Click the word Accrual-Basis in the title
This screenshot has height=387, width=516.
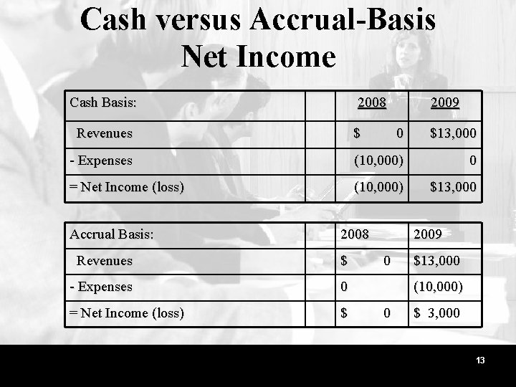tap(343, 19)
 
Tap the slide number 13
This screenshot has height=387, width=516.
tap(480, 360)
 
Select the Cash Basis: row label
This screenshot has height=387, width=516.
tap(103, 102)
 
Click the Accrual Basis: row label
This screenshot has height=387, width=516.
tap(111, 234)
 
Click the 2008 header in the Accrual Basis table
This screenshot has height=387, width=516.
tap(355, 234)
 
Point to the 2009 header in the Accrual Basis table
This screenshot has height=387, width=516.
tap(428, 234)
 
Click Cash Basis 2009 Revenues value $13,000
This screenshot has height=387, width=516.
tap(453, 133)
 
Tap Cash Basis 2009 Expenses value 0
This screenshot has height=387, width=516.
tap(473, 161)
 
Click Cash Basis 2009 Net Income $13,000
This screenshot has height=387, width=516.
tap(453, 187)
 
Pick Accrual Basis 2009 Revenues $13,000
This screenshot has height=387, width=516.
tap(436, 261)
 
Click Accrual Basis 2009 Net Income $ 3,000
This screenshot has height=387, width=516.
tap(436, 313)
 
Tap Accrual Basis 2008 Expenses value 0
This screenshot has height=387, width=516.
tap(344, 287)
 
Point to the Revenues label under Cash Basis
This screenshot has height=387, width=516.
tap(105, 133)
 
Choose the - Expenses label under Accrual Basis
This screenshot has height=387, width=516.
tap(101, 287)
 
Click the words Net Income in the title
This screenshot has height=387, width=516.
tap(258, 56)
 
